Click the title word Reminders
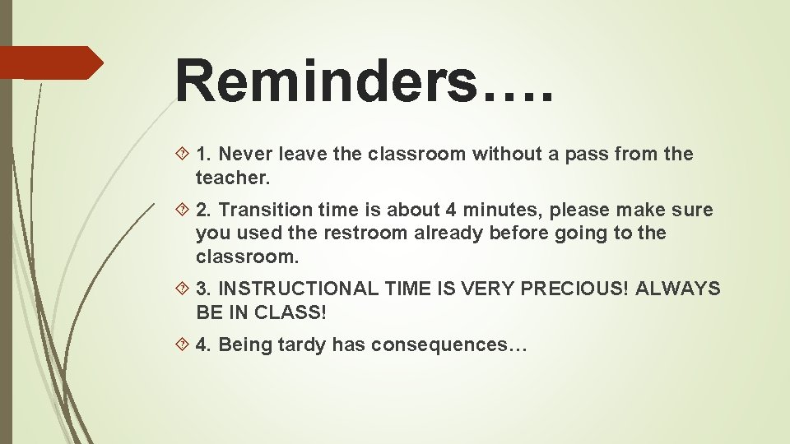pos(326,81)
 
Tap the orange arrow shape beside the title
pos(49,62)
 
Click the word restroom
pos(365,233)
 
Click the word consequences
pos(439,345)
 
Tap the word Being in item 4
pos(244,345)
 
